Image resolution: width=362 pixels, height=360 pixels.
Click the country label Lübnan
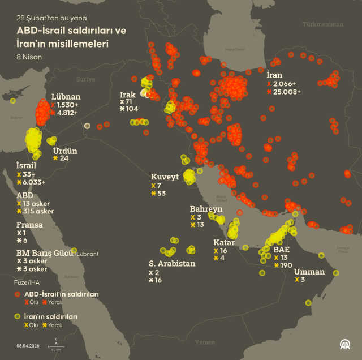pyautogui.click(x=66, y=97)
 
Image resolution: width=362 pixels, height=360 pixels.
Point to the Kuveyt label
pyautogui.click(x=165, y=177)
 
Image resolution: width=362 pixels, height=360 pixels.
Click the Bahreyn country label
pyautogui.click(x=206, y=209)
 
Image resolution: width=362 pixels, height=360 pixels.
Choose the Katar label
pyautogui.click(x=224, y=242)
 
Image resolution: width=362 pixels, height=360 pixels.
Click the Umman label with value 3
pyautogui.click(x=309, y=272)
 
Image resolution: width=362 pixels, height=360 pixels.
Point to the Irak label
pyautogui.click(x=128, y=94)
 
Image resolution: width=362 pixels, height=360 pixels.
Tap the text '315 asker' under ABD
pyautogui.click(x=39, y=211)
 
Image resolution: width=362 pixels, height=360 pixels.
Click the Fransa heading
pyautogui.click(x=29, y=225)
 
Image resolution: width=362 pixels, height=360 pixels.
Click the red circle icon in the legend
pyautogui.click(x=17, y=294)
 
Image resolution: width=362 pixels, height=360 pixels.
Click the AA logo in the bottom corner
pyautogui.click(x=344, y=344)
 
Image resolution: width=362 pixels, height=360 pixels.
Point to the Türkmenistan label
pyautogui.click(x=322, y=25)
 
